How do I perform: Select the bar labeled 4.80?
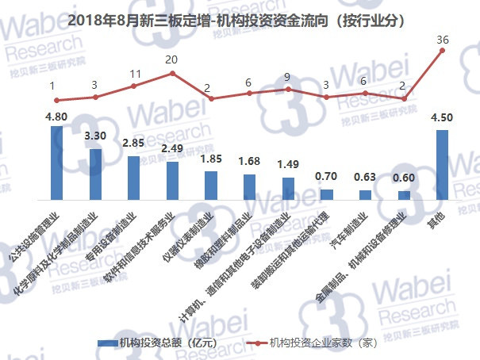click(x=56, y=162)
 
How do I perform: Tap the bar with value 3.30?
click(x=95, y=174)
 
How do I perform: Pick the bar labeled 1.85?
click(x=211, y=185)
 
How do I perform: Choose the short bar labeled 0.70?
click(x=327, y=194)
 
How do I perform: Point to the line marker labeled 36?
click(x=443, y=51)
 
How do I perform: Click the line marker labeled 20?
click(x=172, y=73)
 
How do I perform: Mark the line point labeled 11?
click(x=133, y=86)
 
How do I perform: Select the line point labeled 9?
click(x=288, y=89)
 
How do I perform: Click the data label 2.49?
click(x=172, y=148)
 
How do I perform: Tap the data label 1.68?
click(x=249, y=162)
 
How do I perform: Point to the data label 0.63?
click(x=366, y=178)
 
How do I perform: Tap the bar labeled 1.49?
click(x=288, y=188)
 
